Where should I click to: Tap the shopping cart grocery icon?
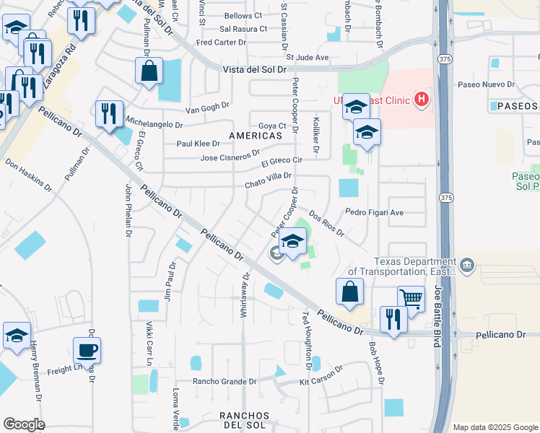[x=411, y=298]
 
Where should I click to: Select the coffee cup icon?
[x=87, y=350]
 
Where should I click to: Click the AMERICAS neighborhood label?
[x=256, y=136]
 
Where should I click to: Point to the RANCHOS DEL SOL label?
[x=245, y=421]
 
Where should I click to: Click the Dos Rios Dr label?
[x=327, y=224]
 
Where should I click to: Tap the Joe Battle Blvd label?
[x=439, y=316]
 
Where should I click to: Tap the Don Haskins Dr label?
[x=30, y=175]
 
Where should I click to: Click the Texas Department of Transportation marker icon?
[x=468, y=266]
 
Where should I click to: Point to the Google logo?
[x=24, y=424]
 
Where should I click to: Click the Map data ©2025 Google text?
[x=495, y=427]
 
